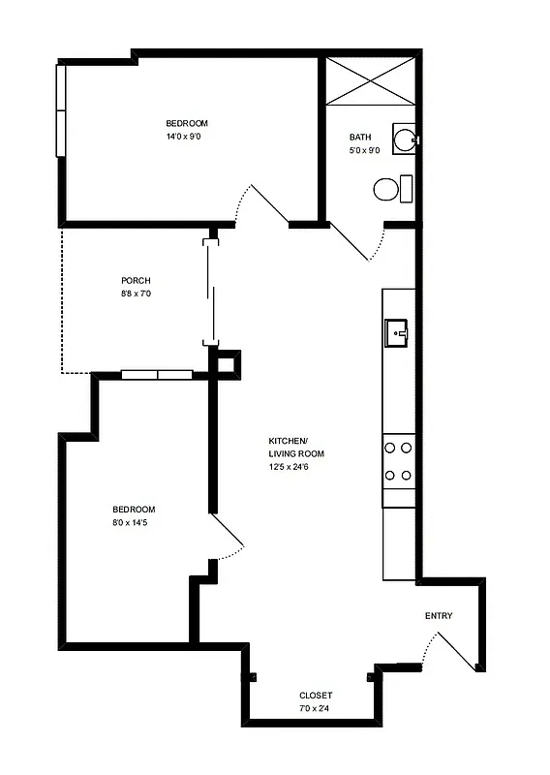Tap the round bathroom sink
point(406,139)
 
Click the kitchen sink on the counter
point(397,332)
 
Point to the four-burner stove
point(398,461)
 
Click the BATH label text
point(360,138)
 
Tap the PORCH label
point(136,281)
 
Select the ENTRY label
point(439,616)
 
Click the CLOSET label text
point(316,696)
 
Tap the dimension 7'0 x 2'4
point(316,709)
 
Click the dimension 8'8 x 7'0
point(136,294)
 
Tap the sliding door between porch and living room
point(208,291)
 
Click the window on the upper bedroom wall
point(61,109)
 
